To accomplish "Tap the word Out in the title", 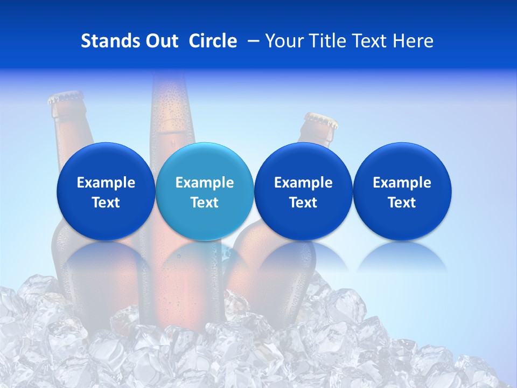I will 160,41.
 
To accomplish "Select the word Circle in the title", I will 213,41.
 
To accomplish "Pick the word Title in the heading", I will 325,41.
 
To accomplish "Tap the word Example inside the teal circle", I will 204,183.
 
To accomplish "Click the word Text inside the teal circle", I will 204,203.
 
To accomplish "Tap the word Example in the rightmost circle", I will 402,183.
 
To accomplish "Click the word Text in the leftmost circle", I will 106,203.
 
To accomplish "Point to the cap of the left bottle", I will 66,98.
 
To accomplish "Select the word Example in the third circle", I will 303,183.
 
